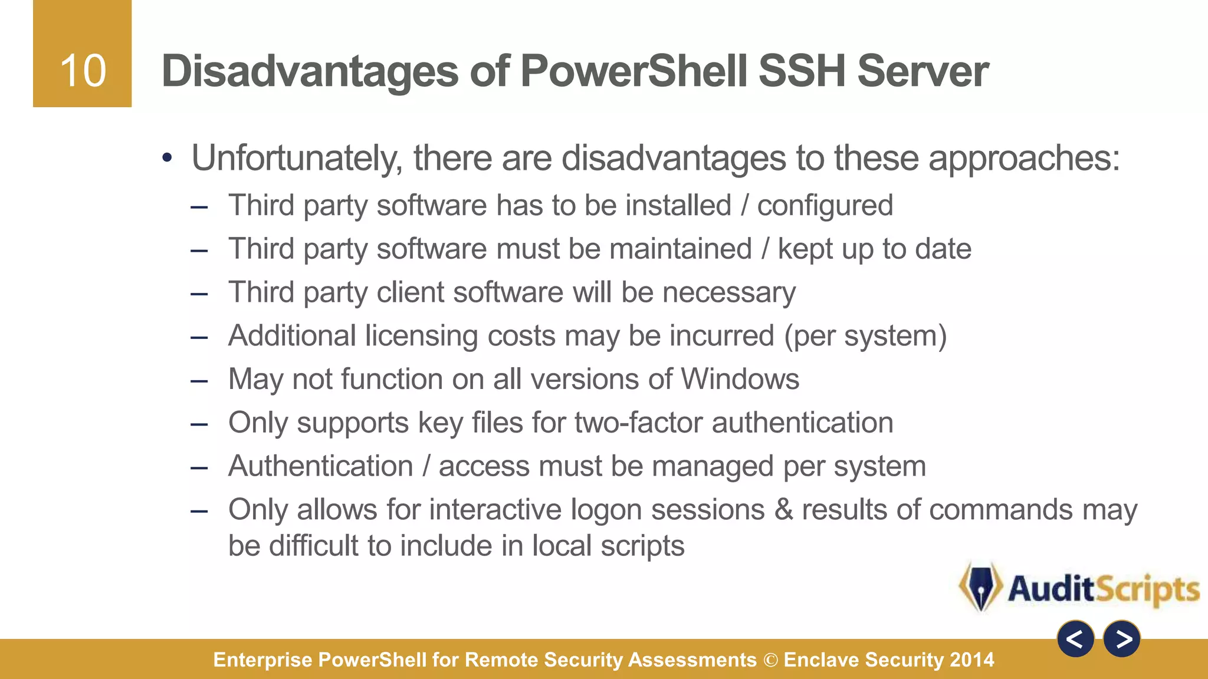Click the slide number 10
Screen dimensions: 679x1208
pos(83,71)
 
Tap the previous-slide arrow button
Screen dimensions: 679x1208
pos(1075,639)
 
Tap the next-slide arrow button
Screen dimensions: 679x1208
pos(1122,639)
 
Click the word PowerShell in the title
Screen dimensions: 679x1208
pos(634,71)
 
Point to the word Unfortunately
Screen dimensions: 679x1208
pos(297,159)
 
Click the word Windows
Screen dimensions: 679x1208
pos(740,379)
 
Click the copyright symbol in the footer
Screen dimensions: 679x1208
pos(770,660)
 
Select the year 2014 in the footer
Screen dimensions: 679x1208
pos(972,660)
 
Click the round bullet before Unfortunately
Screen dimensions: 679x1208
pos(168,158)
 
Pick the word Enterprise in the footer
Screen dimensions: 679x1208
pos(262,660)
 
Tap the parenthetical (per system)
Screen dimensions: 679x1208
pos(865,336)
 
